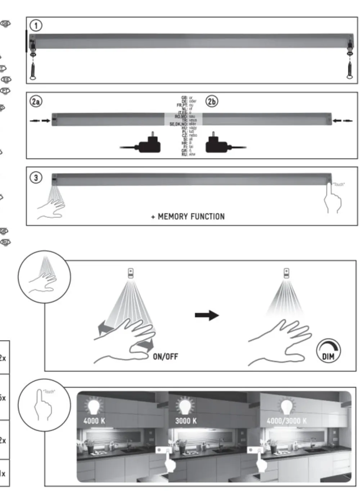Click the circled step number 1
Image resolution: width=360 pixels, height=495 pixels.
[36, 25]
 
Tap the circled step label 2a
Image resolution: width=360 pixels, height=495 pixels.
[36, 102]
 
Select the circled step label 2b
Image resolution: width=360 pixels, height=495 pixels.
[212, 102]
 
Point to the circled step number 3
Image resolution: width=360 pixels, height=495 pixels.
[36, 177]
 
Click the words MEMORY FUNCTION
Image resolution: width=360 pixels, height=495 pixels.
[191, 216]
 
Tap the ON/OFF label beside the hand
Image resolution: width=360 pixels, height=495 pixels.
[165, 356]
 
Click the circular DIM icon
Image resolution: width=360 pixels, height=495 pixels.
[328, 351]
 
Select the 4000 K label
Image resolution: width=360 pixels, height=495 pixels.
[94, 420]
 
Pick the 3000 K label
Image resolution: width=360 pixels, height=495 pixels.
[186, 420]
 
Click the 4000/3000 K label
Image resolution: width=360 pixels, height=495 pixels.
[287, 421]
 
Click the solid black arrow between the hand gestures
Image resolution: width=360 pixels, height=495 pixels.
[207, 315]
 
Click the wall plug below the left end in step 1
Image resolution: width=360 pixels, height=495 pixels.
[33, 71]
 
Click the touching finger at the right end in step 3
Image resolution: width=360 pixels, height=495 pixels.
[332, 199]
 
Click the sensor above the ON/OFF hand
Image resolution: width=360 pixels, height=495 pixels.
[130, 273]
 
